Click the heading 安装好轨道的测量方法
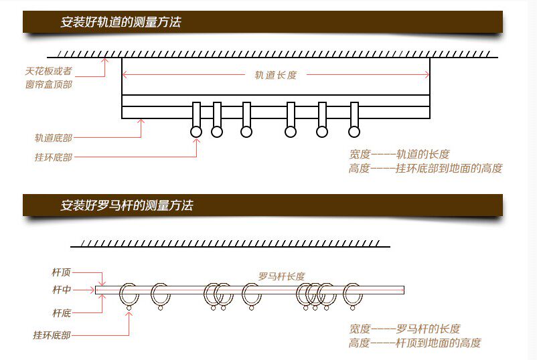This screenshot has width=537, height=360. [121, 22]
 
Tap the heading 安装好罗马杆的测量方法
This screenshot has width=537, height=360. [127, 205]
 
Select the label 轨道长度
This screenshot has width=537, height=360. [275, 75]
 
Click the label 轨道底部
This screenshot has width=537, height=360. [54, 138]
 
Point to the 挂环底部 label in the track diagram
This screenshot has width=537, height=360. [54, 157]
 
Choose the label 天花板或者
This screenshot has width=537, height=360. [48, 71]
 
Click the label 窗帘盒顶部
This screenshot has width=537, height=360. [49, 85]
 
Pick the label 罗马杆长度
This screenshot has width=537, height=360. [282, 276]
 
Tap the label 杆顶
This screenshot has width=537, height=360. [62, 272]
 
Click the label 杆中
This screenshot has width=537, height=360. [62, 290]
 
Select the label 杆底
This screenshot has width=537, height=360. [62, 312]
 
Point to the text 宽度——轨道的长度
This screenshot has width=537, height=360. [399, 154]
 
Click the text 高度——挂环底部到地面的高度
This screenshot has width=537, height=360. [425, 169]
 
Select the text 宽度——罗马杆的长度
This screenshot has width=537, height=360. [404, 329]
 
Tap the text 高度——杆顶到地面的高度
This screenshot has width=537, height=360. [414, 343]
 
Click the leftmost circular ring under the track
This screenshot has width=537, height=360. [196, 132]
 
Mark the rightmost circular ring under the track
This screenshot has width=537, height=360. [354, 132]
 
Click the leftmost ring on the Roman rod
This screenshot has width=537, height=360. [129, 294]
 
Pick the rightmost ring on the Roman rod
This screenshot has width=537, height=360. [352, 294]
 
